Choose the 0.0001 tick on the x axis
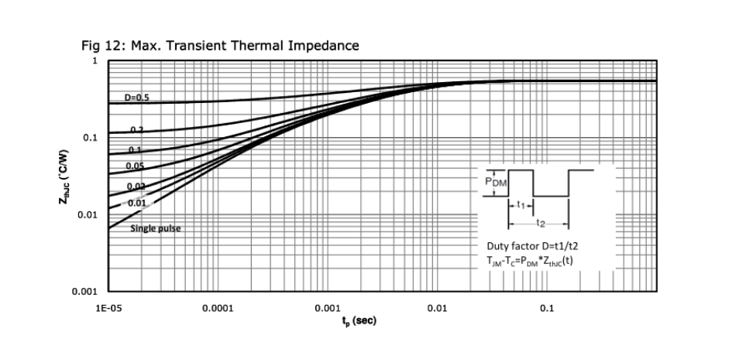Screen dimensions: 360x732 218,308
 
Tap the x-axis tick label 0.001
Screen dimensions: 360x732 328,308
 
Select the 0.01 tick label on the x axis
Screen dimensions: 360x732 438,308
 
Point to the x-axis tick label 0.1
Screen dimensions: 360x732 547,308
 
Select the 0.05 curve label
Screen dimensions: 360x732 135,166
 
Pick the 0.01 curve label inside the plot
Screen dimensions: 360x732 137,202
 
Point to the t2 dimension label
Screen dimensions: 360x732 541,225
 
